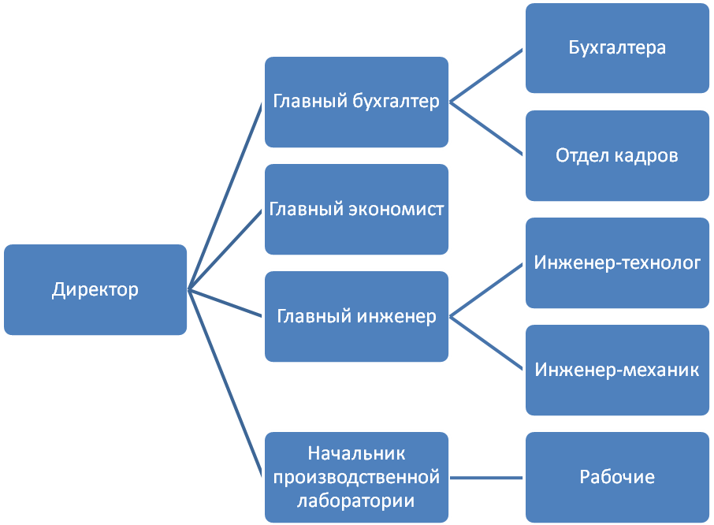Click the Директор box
95,289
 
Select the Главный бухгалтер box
356,102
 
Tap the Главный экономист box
356,209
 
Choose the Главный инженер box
356,317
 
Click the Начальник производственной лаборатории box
356,476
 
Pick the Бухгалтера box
617,48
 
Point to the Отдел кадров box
617,155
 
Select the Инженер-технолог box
617,262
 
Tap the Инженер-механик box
617,370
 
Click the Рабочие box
617,477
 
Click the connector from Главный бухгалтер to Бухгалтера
487,75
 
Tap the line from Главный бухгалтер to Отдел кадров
487,128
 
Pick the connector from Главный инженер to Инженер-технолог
487,290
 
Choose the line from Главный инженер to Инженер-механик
487,344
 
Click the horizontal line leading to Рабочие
487,477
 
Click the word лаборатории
356,500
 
